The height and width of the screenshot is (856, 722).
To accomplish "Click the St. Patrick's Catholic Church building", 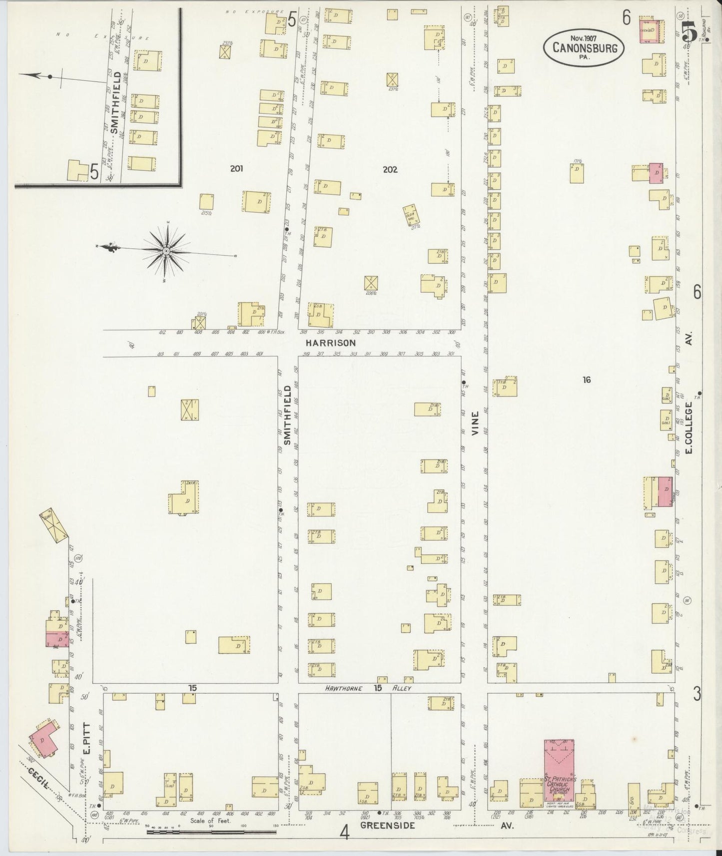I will point(559,772).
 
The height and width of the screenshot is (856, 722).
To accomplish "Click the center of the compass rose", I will point(166,251).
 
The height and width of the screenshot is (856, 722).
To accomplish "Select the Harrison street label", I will point(331,343).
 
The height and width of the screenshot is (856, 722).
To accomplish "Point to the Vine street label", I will point(475,423).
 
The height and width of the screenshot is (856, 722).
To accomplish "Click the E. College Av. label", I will point(689,428).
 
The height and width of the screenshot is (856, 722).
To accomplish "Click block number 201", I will point(236,169).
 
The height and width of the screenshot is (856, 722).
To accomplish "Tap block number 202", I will point(390,169).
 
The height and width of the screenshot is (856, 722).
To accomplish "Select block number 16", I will point(586,380).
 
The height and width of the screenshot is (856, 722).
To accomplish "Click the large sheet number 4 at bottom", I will point(344,833).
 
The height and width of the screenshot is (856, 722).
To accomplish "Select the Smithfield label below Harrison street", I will point(287,415).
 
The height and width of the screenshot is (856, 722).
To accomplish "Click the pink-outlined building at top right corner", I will point(653,31).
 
